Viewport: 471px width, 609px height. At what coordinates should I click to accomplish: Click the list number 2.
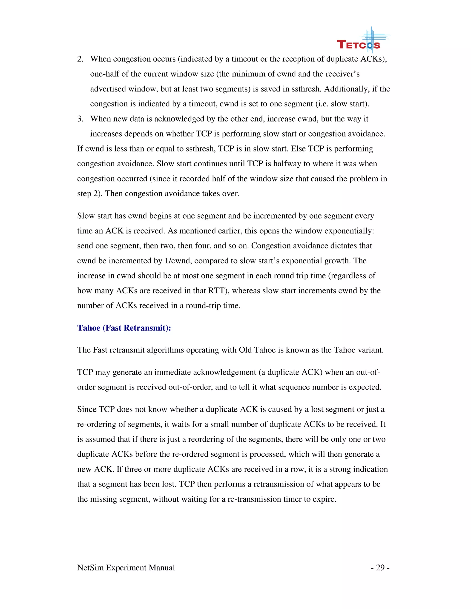[x=80, y=59]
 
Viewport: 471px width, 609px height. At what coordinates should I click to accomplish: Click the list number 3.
[x=80, y=119]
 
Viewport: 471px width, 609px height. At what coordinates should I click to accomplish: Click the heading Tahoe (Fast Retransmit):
[x=124, y=328]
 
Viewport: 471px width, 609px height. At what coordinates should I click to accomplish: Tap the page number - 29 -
[x=380, y=568]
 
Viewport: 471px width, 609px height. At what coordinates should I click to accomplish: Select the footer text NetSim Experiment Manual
[x=126, y=568]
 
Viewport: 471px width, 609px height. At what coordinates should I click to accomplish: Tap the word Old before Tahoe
[x=245, y=350]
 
